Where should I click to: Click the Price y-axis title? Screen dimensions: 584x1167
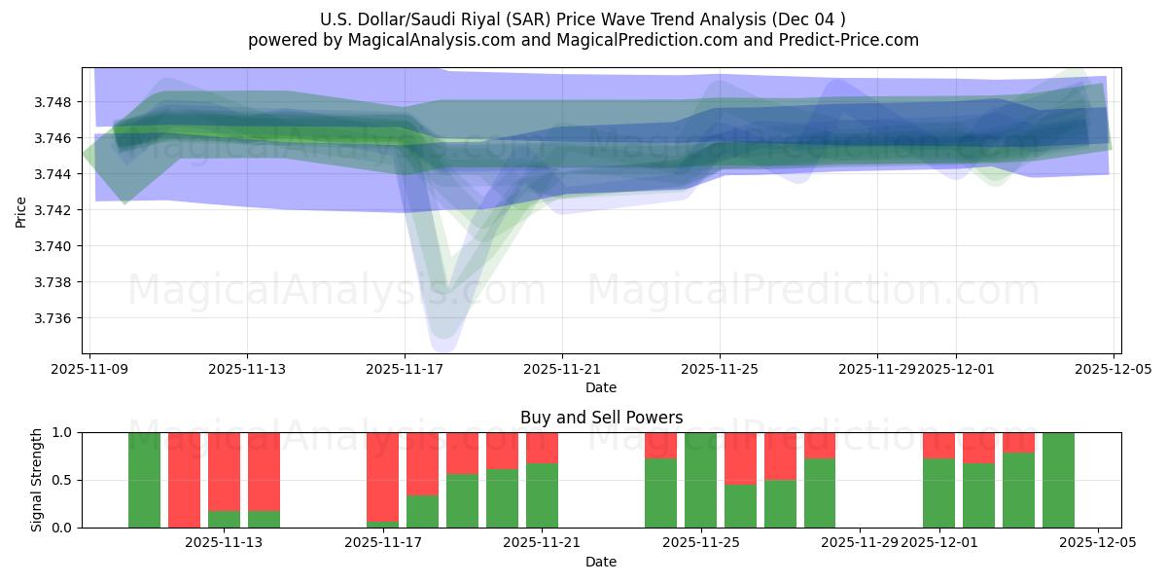(x=21, y=210)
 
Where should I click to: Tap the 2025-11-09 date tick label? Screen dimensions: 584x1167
(x=89, y=369)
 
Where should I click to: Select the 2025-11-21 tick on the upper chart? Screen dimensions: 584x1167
(x=562, y=369)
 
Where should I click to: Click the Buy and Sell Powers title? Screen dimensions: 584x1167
(x=601, y=418)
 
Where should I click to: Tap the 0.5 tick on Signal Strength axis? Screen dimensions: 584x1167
(x=62, y=480)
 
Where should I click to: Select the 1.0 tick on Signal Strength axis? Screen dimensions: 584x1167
(x=62, y=432)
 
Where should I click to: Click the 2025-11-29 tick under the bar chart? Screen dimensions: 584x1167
(x=860, y=543)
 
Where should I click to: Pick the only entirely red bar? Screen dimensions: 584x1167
(x=184, y=480)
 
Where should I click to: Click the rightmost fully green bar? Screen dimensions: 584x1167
(x=1058, y=480)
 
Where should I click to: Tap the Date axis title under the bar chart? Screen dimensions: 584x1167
(x=601, y=562)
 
